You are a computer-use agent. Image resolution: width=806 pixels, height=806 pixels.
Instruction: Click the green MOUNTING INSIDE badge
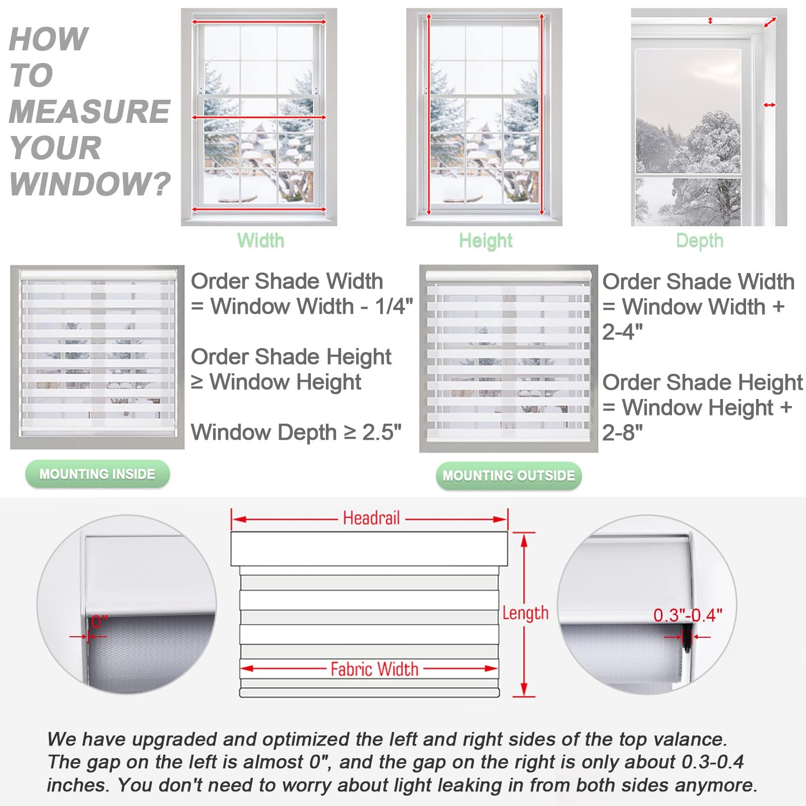(x=97, y=474)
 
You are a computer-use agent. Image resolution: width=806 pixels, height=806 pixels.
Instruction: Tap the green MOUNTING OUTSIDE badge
(x=508, y=476)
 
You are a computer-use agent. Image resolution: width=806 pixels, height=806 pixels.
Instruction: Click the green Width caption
(x=260, y=240)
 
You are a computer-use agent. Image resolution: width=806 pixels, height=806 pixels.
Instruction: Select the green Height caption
(x=486, y=241)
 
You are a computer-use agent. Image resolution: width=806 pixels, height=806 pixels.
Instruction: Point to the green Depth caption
(x=700, y=241)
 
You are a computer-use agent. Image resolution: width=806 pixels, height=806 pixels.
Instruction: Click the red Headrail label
(x=371, y=518)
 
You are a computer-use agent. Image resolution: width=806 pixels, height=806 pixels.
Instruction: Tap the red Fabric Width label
(x=374, y=669)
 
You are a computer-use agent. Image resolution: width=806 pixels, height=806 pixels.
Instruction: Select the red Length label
(x=525, y=613)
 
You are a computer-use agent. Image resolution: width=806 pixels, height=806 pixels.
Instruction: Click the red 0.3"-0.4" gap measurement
(x=688, y=615)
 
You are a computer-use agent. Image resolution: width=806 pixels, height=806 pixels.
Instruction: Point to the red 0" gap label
(x=99, y=622)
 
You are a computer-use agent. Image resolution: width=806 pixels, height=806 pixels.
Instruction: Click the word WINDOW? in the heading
(x=90, y=184)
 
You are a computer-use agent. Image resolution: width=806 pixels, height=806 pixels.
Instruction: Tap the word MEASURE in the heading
(x=90, y=111)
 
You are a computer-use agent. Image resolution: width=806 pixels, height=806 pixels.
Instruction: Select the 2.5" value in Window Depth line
(x=382, y=432)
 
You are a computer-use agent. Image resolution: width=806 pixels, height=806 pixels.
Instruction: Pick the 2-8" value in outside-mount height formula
(x=623, y=432)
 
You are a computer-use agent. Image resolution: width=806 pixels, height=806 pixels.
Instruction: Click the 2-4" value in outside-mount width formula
(x=623, y=331)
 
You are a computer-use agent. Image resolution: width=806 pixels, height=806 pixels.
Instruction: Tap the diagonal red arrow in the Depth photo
(x=770, y=22)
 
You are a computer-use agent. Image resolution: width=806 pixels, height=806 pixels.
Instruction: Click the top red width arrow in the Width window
(x=259, y=22)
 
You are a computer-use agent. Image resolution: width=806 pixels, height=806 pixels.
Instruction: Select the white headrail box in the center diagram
(x=369, y=549)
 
